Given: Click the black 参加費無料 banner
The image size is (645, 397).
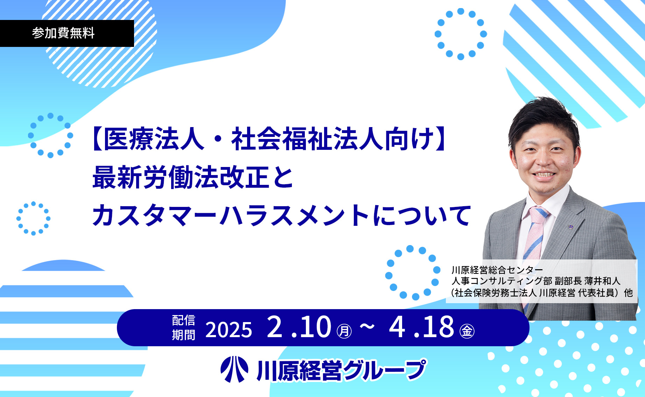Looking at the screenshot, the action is coord(67,33).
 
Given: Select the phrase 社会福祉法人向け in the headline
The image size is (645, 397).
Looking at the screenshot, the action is coord(332,139).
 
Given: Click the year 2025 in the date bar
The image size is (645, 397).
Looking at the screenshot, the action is coord(229,330).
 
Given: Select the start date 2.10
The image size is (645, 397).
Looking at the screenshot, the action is coord(299,327).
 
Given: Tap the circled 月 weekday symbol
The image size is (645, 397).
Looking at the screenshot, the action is coord(344,331).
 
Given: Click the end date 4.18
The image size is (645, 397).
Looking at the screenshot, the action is coord(421,327).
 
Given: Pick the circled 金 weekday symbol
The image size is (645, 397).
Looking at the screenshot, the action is coord(467,331).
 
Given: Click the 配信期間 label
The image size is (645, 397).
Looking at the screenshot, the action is coord(183,327).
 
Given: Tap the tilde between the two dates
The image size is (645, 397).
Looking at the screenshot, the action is coord(367,327).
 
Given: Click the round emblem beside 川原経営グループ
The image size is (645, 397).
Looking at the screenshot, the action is coord(234,369).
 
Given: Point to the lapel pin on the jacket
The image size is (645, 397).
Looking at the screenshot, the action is coord(571,227).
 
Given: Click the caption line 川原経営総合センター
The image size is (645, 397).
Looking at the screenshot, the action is coord(497,270).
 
